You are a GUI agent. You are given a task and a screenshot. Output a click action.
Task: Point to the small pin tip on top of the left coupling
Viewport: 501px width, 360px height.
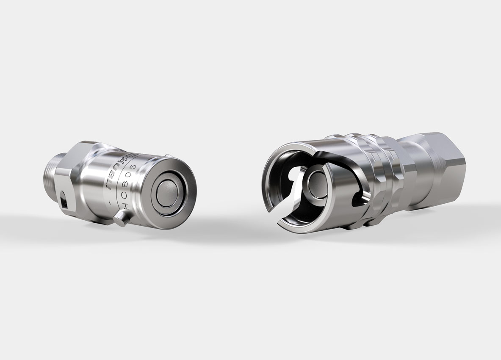(x=168, y=155)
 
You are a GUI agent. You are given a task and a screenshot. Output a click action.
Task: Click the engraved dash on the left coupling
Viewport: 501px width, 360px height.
(x=110, y=203)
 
